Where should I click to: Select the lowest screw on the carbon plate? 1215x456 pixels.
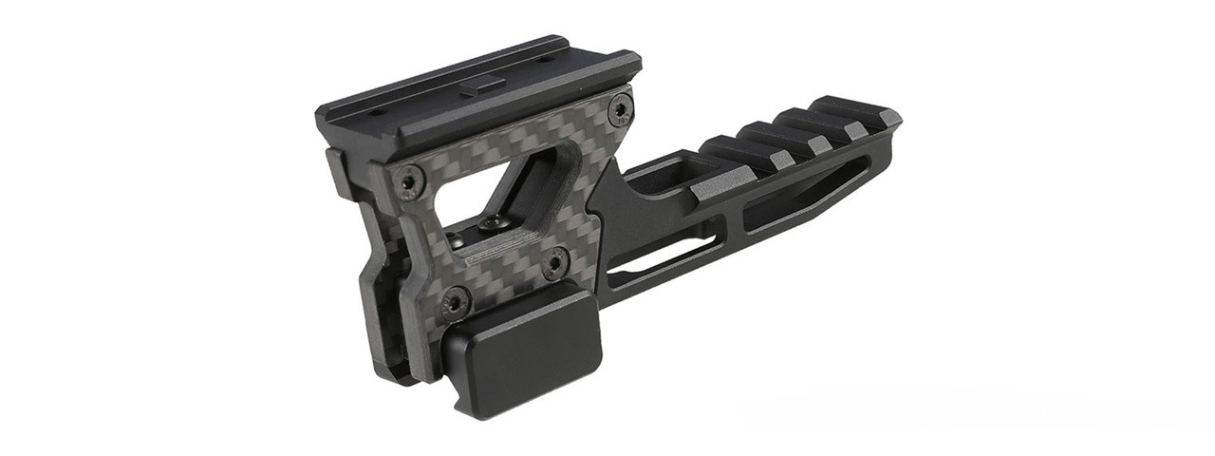(456, 301)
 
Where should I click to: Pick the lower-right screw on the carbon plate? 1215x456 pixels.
(555, 261)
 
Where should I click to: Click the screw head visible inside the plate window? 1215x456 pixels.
(493, 222)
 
